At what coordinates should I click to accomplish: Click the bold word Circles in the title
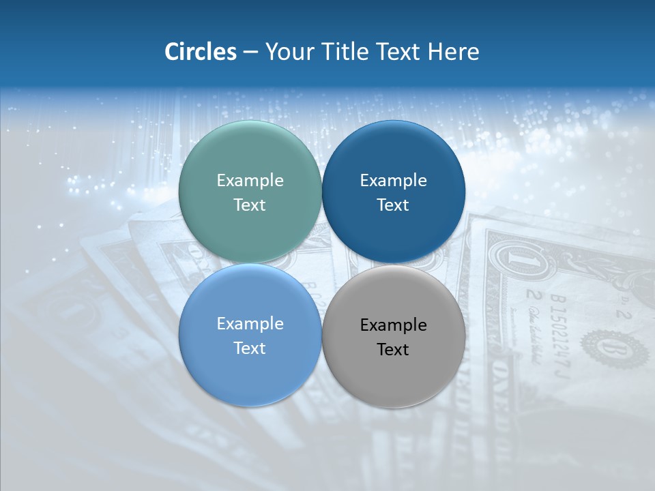(201, 52)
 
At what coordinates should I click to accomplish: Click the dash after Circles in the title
(250, 53)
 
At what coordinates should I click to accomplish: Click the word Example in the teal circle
(250, 180)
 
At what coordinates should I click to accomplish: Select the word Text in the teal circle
(250, 205)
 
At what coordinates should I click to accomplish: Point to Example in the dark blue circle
(394, 180)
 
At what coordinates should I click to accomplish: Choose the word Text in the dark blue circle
(394, 205)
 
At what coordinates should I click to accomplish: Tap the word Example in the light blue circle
(250, 323)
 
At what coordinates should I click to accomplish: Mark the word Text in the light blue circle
(250, 348)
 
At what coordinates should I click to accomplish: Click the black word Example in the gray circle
(394, 325)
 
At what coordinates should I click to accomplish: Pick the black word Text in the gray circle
(394, 349)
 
